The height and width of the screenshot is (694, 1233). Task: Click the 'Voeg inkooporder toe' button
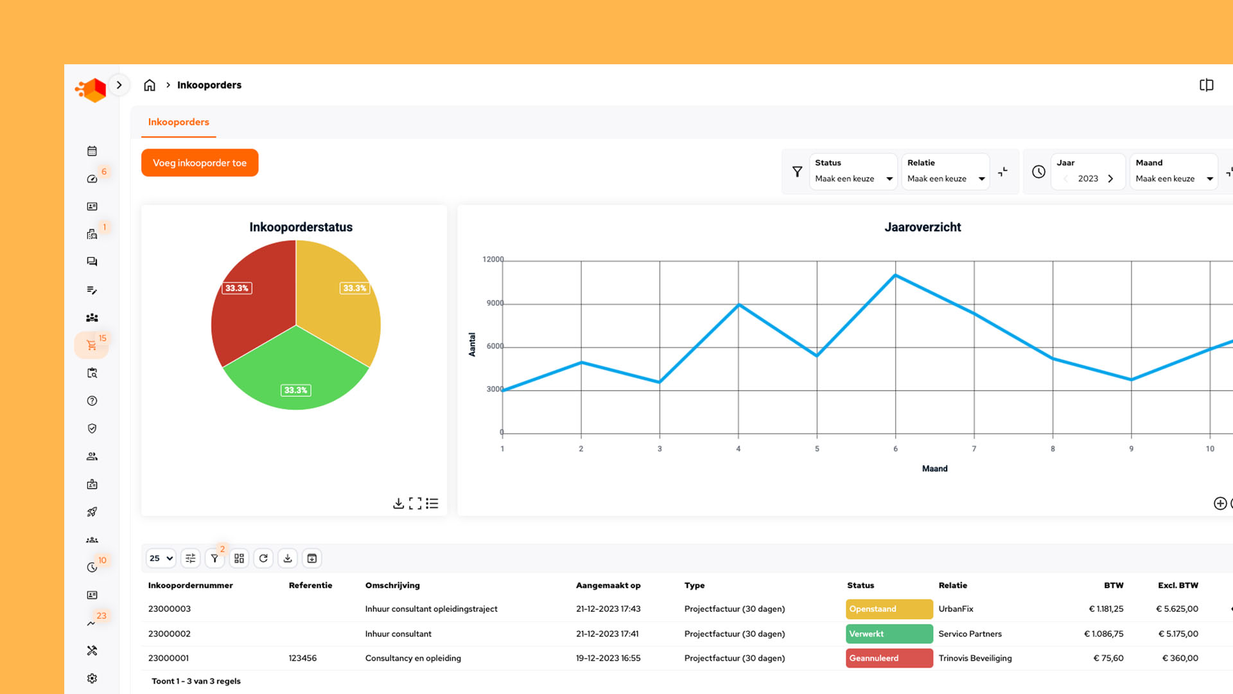(x=200, y=163)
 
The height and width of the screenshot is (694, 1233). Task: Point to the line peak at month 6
(x=895, y=276)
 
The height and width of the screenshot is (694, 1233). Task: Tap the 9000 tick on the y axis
(x=494, y=303)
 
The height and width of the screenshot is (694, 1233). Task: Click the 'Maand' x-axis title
(x=934, y=468)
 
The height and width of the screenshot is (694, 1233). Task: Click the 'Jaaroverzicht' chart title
(x=922, y=227)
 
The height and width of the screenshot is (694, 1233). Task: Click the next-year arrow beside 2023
(x=1110, y=179)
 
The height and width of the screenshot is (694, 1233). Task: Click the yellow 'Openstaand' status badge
(x=889, y=609)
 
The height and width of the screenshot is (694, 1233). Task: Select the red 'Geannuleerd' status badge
(x=889, y=658)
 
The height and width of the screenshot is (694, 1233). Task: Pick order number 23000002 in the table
(x=170, y=634)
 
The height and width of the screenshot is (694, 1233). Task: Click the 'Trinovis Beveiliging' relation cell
(x=975, y=658)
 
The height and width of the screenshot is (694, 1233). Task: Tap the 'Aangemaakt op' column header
(x=608, y=585)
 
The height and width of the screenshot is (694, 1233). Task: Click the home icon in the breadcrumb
(x=150, y=85)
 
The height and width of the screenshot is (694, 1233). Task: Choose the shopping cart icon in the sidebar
(x=92, y=346)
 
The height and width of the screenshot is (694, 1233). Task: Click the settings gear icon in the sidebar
(x=92, y=679)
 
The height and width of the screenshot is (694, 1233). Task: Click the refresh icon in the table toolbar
(x=263, y=558)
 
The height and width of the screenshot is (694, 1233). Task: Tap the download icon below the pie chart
(x=398, y=503)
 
